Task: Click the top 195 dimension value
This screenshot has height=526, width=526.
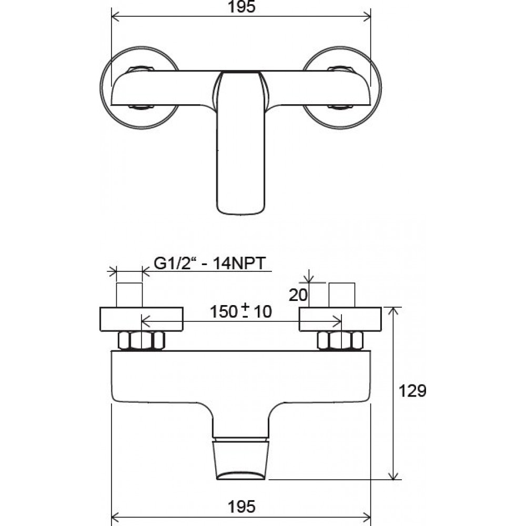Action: pos(241,6)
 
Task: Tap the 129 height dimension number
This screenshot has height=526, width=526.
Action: pos(412,390)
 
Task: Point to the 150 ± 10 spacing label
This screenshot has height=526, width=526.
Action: pos(240,311)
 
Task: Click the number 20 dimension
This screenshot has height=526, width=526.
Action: pos(298,295)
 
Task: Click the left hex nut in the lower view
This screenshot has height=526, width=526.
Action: pos(141,340)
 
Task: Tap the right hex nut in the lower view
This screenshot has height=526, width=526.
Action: pos(340,340)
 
